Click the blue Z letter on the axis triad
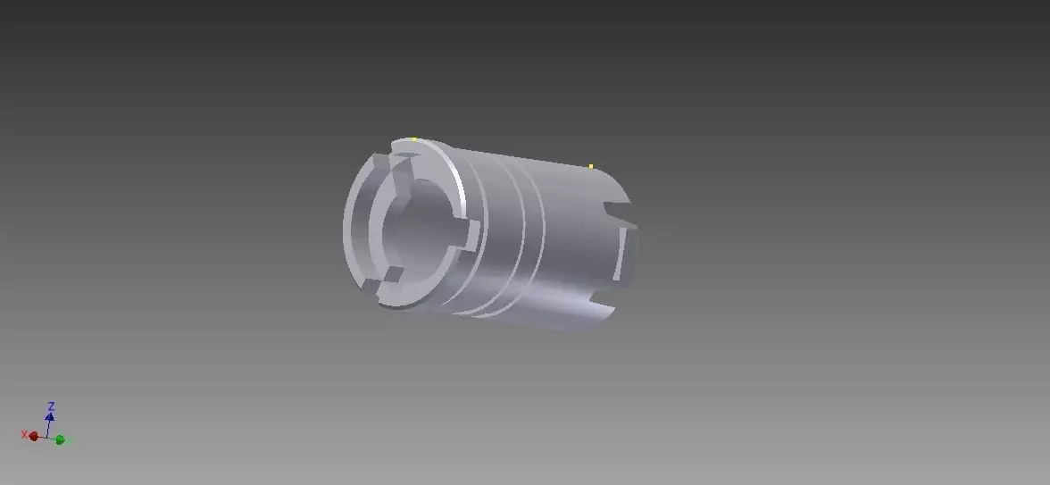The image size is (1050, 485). [51, 406]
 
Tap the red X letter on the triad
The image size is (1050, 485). [24, 434]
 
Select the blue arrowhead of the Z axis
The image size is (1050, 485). [50, 417]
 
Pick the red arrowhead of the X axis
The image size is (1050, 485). [34, 436]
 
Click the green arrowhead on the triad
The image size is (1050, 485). [60, 439]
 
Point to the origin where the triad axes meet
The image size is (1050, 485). [47, 437]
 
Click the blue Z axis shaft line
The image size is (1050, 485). [49, 427]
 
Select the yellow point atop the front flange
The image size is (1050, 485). [414, 138]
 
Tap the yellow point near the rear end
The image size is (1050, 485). [591, 166]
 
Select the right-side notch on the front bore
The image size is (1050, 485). [468, 238]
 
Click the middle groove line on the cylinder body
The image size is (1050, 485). [509, 237]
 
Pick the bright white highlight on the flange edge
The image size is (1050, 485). [459, 184]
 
